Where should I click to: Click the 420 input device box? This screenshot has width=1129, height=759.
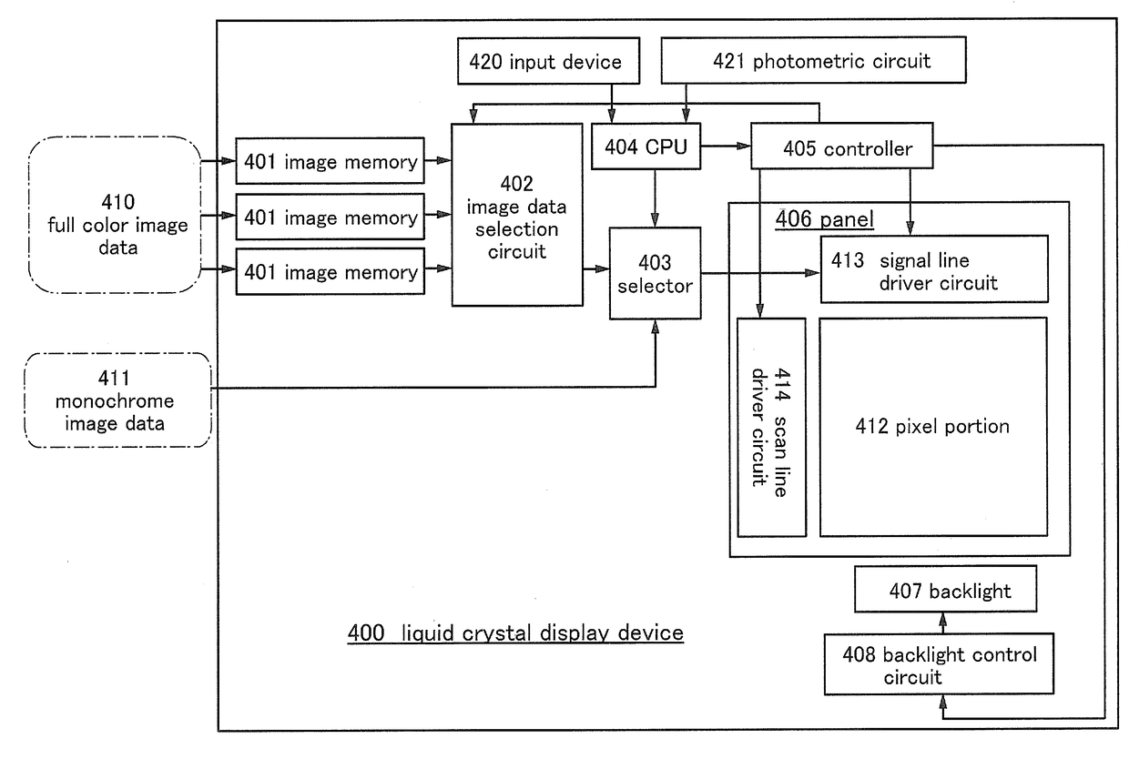(545, 62)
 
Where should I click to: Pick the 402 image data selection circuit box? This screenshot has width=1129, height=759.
(517, 215)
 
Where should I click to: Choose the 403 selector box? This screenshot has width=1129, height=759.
(655, 274)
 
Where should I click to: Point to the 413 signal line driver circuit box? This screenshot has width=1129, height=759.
(934, 270)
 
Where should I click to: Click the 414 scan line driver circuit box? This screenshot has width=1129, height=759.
(771, 427)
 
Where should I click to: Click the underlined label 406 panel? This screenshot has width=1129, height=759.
(823, 219)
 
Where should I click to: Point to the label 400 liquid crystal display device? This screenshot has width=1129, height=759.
(515, 632)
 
